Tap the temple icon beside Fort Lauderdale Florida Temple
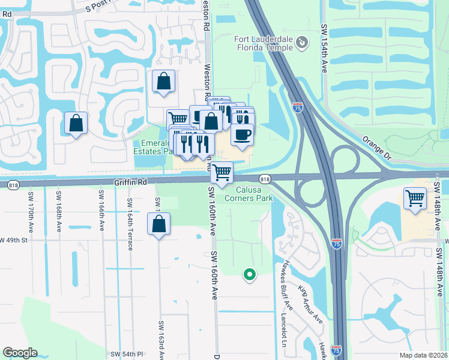(302, 42)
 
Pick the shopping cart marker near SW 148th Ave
(415, 197)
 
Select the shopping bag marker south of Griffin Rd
(158, 224)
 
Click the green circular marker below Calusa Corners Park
(249, 275)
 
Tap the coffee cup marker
(242, 134)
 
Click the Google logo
(20, 352)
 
